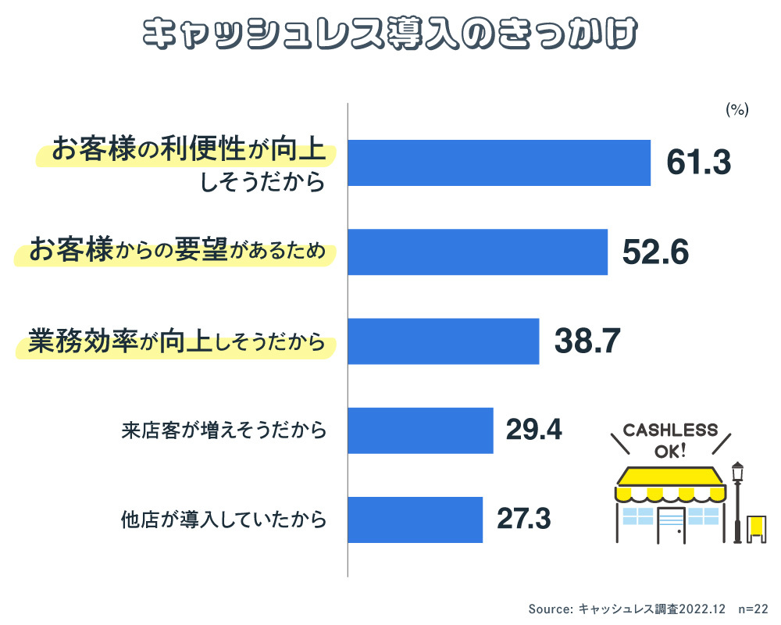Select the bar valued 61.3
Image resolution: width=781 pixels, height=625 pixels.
click(x=499, y=162)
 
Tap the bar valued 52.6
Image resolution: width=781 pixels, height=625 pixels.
click(x=477, y=252)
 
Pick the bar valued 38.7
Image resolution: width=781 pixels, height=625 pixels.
click(x=443, y=341)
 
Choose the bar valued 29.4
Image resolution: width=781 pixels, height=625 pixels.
click(x=420, y=430)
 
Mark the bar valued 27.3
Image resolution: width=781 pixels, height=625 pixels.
click(x=415, y=519)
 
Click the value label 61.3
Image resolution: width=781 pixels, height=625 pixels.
click(x=698, y=162)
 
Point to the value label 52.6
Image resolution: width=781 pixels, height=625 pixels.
click(x=656, y=252)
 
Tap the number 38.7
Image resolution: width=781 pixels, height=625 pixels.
click(x=587, y=341)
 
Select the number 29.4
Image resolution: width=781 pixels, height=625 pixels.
click(x=534, y=430)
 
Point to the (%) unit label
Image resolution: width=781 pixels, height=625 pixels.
click(x=737, y=110)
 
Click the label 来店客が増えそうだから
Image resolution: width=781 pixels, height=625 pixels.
click(x=223, y=430)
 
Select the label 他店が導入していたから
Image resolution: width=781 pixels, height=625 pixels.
click(x=223, y=519)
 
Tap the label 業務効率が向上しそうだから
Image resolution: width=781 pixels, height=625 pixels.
click(x=177, y=342)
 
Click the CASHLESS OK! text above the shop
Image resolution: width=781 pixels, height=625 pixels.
click(x=670, y=441)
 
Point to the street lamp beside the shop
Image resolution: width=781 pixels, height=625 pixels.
click(x=736, y=500)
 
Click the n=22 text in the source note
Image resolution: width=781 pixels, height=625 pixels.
click(x=753, y=609)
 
